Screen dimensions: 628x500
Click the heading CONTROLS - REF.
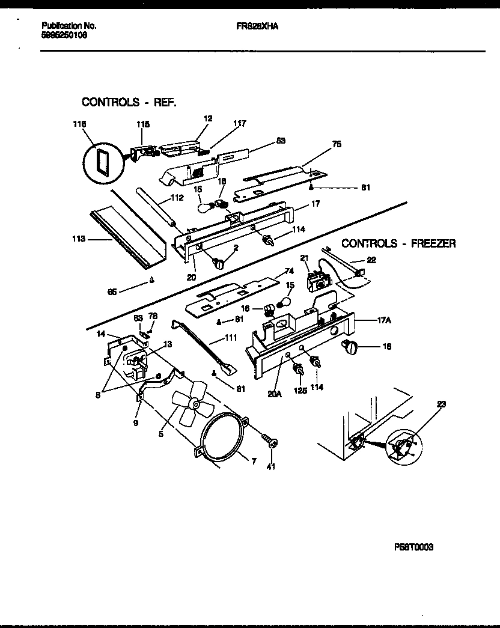click(x=129, y=102)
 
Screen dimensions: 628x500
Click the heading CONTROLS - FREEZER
click(x=398, y=243)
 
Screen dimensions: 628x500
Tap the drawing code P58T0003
click(x=414, y=547)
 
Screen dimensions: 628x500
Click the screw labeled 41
click(x=271, y=444)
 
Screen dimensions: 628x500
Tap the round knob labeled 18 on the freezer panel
click(x=349, y=346)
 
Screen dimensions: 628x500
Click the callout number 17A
click(x=385, y=320)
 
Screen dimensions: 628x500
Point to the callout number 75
click(x=337, y=144)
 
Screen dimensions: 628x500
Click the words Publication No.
click(x=69, y=26)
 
